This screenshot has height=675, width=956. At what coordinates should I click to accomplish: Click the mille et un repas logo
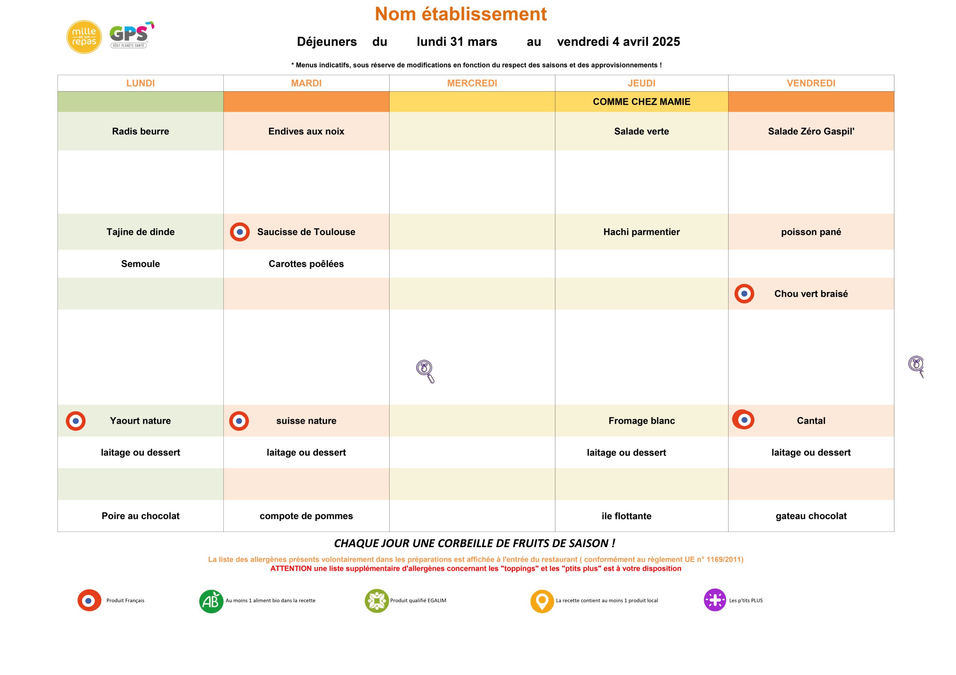coord(84,37)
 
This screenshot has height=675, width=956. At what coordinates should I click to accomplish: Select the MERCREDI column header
coord(472,83)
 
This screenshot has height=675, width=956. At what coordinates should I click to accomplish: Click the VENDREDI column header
coord(811,83)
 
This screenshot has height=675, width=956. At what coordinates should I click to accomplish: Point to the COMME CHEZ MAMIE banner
coord(641,101)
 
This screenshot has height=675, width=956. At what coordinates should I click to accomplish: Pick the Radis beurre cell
coord(140,131)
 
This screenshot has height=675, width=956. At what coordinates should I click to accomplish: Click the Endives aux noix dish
coord(306,131)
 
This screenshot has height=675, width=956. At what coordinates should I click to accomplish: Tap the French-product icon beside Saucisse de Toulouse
coord(240,232)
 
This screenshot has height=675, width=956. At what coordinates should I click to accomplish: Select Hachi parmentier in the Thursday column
coord(641,232)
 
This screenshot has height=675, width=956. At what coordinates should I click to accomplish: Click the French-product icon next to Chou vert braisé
coord(744,294)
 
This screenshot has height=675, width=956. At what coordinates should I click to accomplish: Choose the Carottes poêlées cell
coord(306,264)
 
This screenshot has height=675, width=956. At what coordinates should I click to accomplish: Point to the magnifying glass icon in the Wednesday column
coord(425,371)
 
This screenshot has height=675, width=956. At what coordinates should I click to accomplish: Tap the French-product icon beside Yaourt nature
coord(76,421)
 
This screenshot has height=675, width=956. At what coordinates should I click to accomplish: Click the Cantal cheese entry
coord(811,421)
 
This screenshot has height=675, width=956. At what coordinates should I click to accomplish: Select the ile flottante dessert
coord(626,516)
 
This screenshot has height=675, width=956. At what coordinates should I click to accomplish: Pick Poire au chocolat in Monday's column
coord(140,516)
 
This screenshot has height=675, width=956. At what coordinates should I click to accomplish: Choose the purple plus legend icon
coord(714,600)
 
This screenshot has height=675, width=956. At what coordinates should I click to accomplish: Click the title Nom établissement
coord(460,14)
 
